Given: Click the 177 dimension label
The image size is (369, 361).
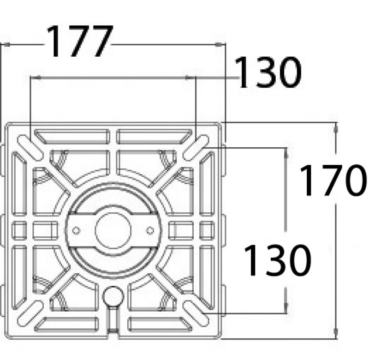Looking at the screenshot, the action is coord(80,41).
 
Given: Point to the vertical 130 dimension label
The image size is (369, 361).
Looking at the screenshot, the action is coord(278,260).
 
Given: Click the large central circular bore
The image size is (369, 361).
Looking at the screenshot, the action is coord(113,230).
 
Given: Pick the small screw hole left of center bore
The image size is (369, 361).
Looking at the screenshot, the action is coord(76,230).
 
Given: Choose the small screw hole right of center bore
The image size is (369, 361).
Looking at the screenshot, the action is coord(150,230).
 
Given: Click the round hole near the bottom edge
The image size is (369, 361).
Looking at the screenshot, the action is coord(113,296).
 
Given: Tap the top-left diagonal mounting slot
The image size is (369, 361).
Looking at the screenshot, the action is coord(30,148).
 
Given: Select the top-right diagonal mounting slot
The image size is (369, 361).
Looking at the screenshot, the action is coord(196,148).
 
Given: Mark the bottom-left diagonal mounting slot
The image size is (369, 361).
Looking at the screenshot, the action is coord(30,313).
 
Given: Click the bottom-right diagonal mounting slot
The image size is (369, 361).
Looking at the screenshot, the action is coord(196,313).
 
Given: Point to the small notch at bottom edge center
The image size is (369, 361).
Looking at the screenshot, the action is coord(113,332).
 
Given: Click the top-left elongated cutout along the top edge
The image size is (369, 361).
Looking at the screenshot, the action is coord(72,136).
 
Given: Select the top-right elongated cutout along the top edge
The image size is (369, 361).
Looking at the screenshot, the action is coord(155,136).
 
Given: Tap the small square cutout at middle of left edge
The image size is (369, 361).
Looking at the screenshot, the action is coord(19,230).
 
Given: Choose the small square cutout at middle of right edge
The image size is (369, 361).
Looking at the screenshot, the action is coord(207,230).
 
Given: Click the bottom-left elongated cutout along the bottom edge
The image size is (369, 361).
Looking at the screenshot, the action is coord(66,324).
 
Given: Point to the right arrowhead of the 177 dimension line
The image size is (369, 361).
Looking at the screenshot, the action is coord(220,44).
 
